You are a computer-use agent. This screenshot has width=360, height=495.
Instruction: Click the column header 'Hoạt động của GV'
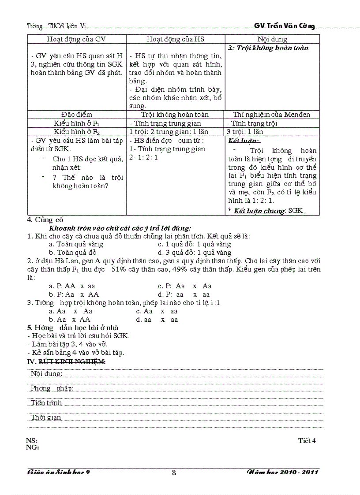[76, 39]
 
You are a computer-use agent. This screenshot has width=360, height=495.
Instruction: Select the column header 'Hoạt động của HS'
[176, 39]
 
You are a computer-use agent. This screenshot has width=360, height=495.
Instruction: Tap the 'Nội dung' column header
[272, 39]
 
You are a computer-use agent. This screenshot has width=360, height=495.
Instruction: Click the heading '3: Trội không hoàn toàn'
[268, 48]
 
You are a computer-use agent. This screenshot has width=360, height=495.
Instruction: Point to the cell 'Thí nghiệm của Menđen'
[272, 115]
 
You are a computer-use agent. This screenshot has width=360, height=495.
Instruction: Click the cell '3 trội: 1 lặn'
[245, 132]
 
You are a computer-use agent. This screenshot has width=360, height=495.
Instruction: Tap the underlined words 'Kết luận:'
[244, 141]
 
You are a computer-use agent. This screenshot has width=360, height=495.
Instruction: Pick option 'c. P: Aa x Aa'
[185, 286]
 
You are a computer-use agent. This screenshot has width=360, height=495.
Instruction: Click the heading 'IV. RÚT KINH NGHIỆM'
[67, 361]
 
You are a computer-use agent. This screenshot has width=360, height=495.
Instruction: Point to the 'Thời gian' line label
[46, 417]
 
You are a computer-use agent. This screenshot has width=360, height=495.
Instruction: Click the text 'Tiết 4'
[307, 440]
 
